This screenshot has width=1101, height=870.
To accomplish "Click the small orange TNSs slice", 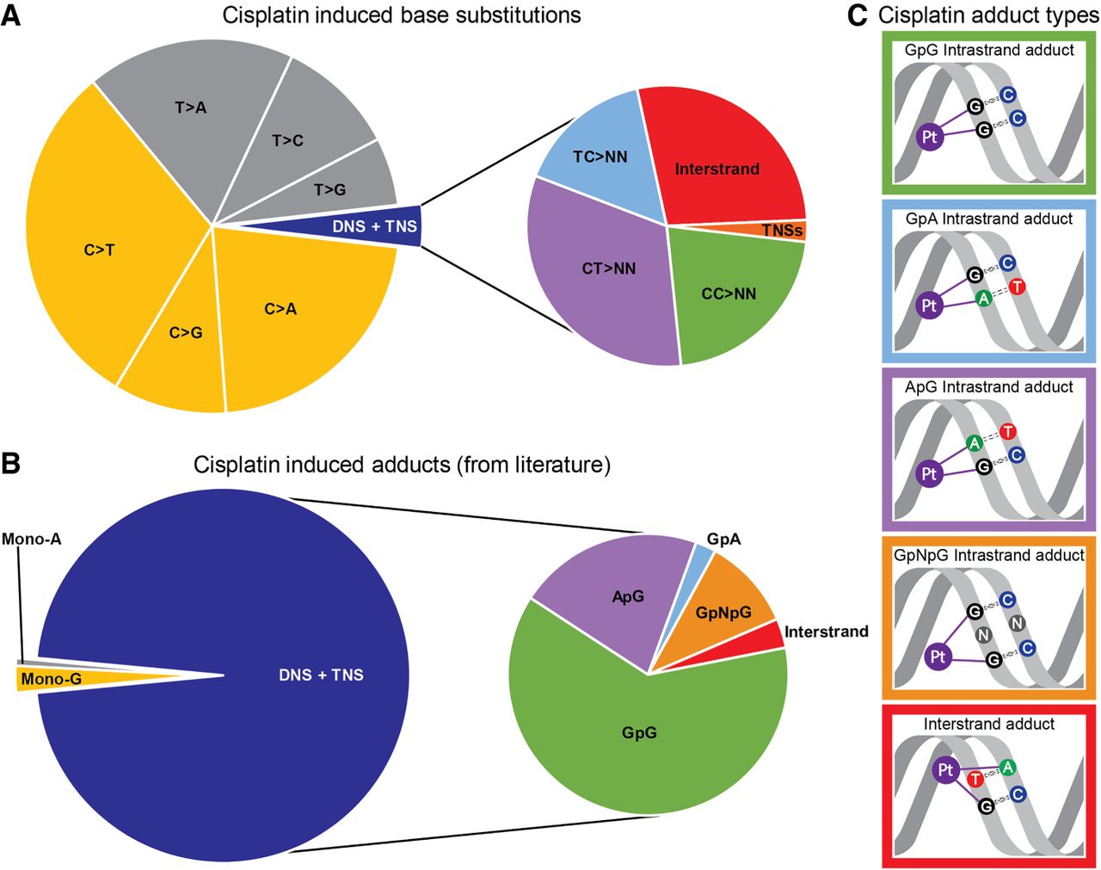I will (x=782, y=231).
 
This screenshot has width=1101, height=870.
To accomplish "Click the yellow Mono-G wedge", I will (x=52, y=679).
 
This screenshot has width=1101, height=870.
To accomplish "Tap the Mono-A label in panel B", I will (x=31, y=540).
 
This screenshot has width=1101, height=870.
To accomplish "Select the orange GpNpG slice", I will (x=723, y=612).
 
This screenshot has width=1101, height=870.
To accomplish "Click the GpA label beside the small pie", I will (x=723, y=540).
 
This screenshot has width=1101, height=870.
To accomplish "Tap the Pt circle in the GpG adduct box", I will (x=929, y=137).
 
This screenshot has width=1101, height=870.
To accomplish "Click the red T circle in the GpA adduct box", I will (x=1017, y=287).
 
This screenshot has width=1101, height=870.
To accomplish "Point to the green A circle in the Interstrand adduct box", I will (x=1008, y=767).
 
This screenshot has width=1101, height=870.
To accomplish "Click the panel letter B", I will (x=11, y=463).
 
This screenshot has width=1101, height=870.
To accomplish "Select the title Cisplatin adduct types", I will (x=988, y=15).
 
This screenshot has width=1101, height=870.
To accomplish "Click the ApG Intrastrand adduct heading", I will (x=988, y=387).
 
